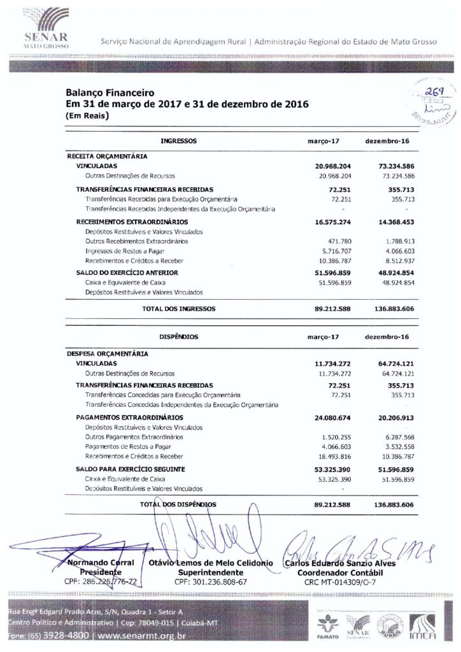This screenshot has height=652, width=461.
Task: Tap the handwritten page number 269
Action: point(420,93)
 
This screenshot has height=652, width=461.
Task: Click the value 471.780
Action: point(337,241)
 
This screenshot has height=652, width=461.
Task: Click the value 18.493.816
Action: point(333,458)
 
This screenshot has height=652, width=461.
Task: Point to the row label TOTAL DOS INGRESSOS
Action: point(178,308)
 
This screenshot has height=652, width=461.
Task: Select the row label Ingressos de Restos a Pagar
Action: point(123,252)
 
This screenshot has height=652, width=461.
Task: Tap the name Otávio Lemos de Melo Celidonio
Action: point(211,563)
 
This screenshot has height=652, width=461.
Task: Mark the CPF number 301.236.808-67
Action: point(211,582)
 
